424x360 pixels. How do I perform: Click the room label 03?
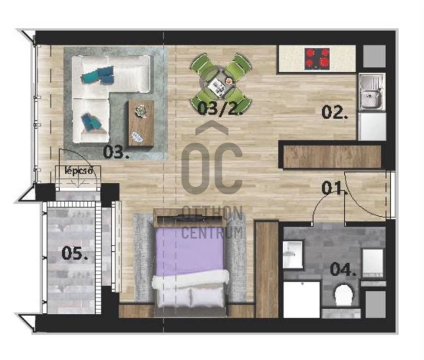click(x=116, y=152)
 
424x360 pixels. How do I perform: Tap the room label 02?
click(x=335, y=112)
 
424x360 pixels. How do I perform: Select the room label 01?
click(x=334, y=188)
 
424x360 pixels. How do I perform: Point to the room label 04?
click(x=343, y=269)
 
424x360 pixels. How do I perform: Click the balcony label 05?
click(x=75, y=253)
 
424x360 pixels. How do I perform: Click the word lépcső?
click(x=79, y=171)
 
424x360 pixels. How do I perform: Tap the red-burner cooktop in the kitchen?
click(x=317, y=58)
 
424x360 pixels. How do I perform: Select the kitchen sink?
click(x=372, y=92)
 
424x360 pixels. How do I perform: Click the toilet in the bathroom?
click(x=343, y=295)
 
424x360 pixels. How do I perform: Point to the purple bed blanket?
click(x=190, y=250)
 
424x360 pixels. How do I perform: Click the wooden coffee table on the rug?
click(x=141, y=123)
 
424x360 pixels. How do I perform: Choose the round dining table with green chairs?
click(x=221, y=81)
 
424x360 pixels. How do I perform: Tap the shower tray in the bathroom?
click(x=302, y=300)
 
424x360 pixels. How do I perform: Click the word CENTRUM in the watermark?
click(x=212, y=233)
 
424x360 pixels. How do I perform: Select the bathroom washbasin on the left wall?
click(x=293, y=255)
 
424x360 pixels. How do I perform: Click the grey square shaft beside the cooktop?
click(x=374, y=56)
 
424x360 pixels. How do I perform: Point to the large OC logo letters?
click(x=212, y=168)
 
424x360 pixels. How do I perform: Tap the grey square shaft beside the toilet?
click(x=376, y=305)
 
